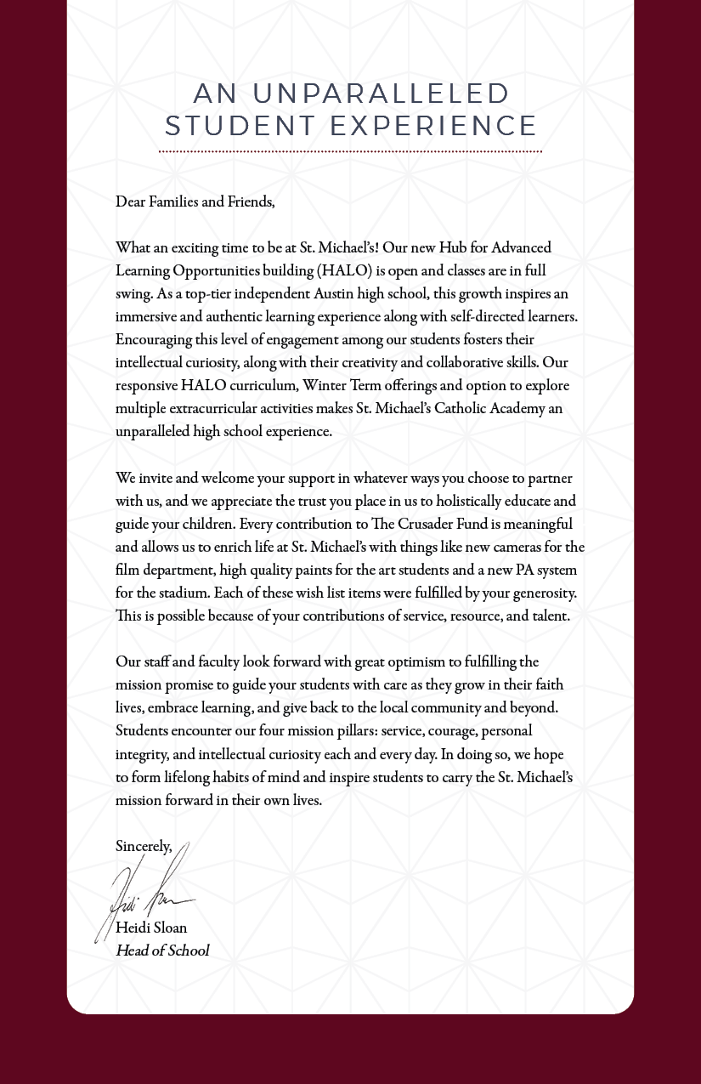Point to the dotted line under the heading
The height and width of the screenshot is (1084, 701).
(350, 151)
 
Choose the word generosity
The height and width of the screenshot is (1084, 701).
(544, 593)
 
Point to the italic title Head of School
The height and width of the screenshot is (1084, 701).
(161, 951)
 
